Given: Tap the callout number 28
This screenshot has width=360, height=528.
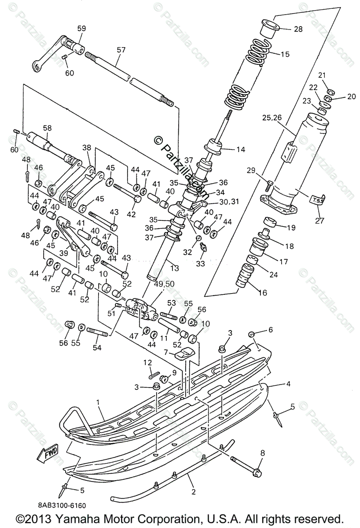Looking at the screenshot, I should (x=298, y=29).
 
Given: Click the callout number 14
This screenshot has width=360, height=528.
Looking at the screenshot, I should (x=240, y=149).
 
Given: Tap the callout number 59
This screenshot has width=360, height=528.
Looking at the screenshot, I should (x=82, y=28).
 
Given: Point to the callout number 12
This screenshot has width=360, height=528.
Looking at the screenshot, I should (x=147, y=362).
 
